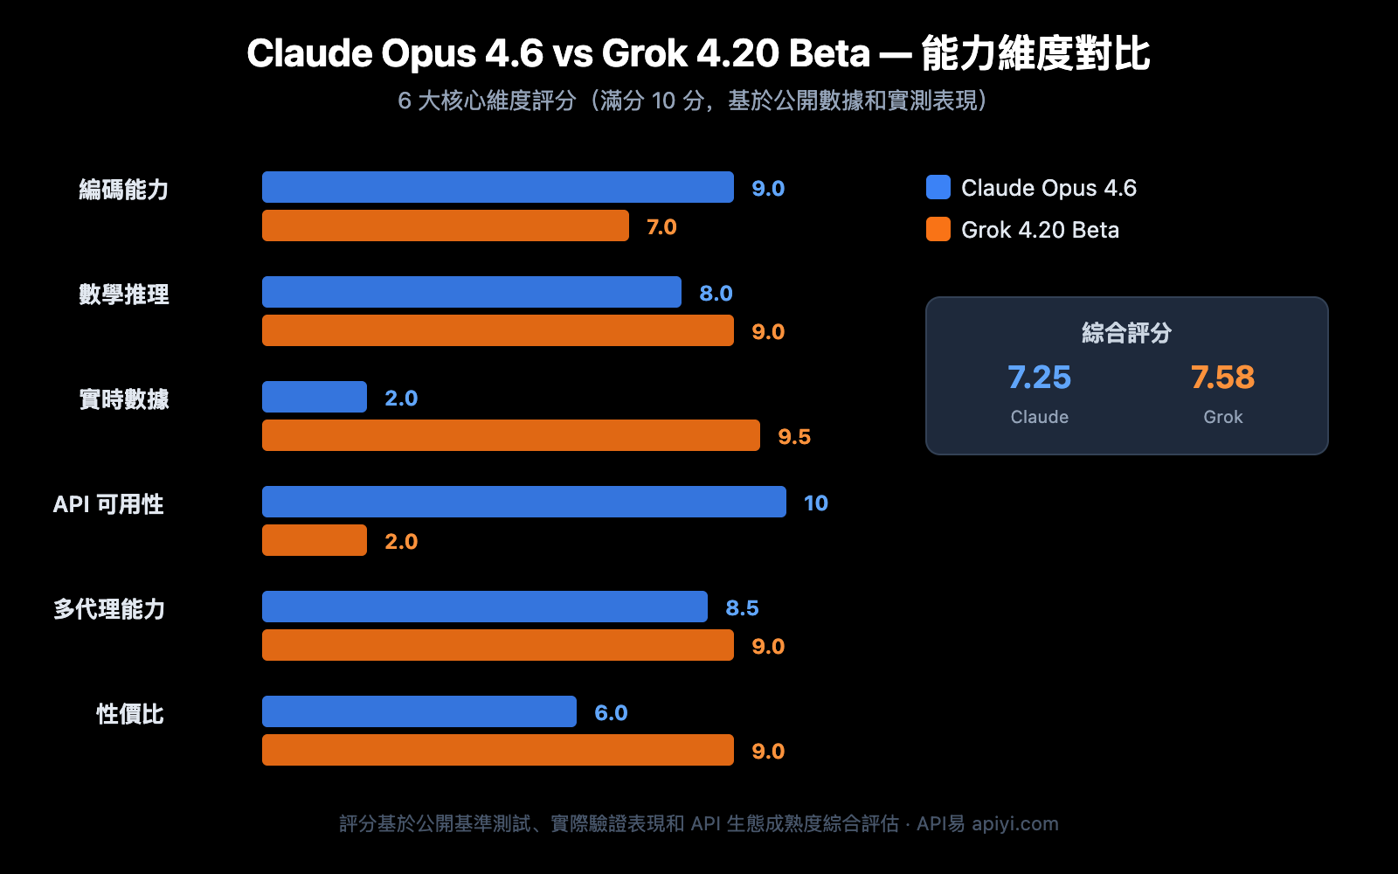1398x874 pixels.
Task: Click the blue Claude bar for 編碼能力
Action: (x=498, y=187)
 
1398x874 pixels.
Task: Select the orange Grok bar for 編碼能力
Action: (x=446, y=225)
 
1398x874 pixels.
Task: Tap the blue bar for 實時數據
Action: (x=315, y=397)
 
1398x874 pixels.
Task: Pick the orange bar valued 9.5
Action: (x=511, y=435)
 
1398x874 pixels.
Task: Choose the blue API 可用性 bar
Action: (x=524, y=502)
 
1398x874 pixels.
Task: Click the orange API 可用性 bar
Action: (x=315, y=540)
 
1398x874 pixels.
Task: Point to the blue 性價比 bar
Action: (x=419, y=711)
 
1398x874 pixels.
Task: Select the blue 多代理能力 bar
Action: (x=485, y=607)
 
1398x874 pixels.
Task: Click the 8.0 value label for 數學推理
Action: (x=716, y=293)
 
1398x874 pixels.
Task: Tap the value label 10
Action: (x=815, y=503)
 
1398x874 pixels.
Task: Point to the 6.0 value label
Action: (x=611, y=712)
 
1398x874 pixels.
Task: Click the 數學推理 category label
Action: (x=124, y=295)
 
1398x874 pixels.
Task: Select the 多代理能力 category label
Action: (x=109, y=609)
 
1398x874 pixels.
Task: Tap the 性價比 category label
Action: (x=130, y=714)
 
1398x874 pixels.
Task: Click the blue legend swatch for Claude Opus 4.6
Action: (x=938, y=187)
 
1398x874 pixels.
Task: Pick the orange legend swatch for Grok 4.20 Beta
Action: (x=938, y=229)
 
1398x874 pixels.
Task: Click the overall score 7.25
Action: (x=1039, y=378)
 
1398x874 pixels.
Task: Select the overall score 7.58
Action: (x=1222, y=378)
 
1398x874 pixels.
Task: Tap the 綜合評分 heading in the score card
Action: (x=1126, y=333)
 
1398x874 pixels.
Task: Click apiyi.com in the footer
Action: (x=1014, y=823)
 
